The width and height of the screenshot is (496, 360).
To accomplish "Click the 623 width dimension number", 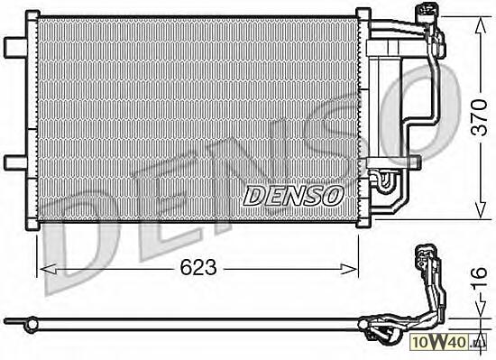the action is pos(198,267).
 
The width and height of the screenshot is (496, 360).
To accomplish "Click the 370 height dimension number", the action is pos(479,117).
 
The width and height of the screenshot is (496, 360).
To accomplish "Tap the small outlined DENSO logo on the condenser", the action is pos(293,196).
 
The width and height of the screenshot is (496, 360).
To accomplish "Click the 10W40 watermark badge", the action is pos(448,342).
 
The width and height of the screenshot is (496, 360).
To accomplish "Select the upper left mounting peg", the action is pos(15,48).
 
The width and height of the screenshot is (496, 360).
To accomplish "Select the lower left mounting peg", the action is pos(15,162).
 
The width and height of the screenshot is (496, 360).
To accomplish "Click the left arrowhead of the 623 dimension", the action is pos(49,269).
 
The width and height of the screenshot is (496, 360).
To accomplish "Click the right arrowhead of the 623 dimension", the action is pos(349,269).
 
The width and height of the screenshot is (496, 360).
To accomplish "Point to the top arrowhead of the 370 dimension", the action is pos(481,24).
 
